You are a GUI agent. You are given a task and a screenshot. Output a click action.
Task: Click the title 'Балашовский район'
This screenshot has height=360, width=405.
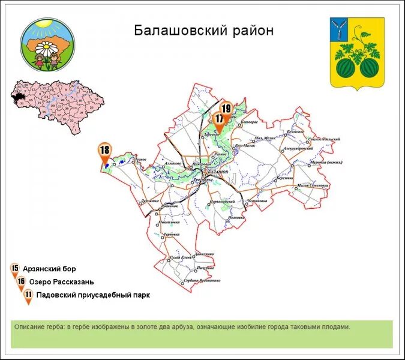point(203,31)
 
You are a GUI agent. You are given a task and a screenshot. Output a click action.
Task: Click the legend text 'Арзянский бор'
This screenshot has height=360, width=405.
point(50,269)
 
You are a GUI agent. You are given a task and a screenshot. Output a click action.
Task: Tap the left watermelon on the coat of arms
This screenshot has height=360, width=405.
point(346,67)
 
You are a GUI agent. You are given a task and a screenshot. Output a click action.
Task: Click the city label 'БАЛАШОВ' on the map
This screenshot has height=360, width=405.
point(217,172)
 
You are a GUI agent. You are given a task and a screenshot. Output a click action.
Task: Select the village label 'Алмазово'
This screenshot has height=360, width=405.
point(172,163)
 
